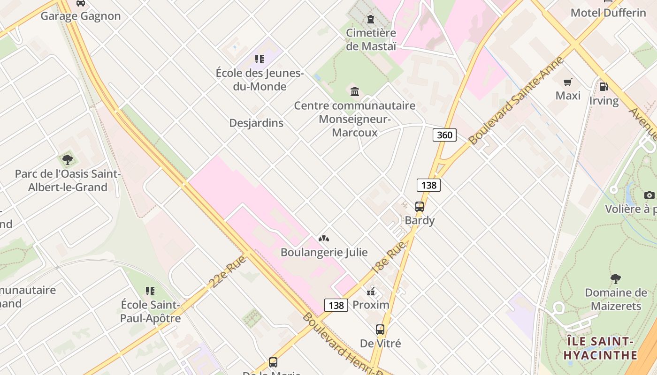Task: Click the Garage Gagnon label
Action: pyautogui.click(x=81, y=16)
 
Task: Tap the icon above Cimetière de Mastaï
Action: pyautogui.click(x=371, y=19)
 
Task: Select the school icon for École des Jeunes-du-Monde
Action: pyautogui.click(x=260, y=59)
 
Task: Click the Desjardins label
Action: pyautogui.click(x=256, y=123)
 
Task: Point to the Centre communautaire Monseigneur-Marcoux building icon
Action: pyautogui.click(x=355, y=91)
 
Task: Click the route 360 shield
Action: pyautogui.click(x=444, y=135)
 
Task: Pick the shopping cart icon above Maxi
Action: pyautogui.click(x=568, y=82)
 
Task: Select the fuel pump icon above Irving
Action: pyautogui.click(x=604, y=87)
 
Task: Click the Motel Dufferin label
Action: pyautogui.click(x=608, y=13)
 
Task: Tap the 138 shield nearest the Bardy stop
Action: pyautogui.click(x=428, y=185)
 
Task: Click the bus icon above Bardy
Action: pyautogui.click(x=420, y=206)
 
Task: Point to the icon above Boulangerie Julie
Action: pyautogui.click(x=324, y=239)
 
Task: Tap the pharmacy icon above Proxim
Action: pyautogui.click(x=371, y=292)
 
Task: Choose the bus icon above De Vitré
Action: pyautogui.click(x=380, y=330)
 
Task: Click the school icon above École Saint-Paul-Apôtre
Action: pyautogui.click(x=150, y=291)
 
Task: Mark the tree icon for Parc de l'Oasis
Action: pyautogui.click(x=68, y=160)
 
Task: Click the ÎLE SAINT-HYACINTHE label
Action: pyautogui.click(x=600, y=348)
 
